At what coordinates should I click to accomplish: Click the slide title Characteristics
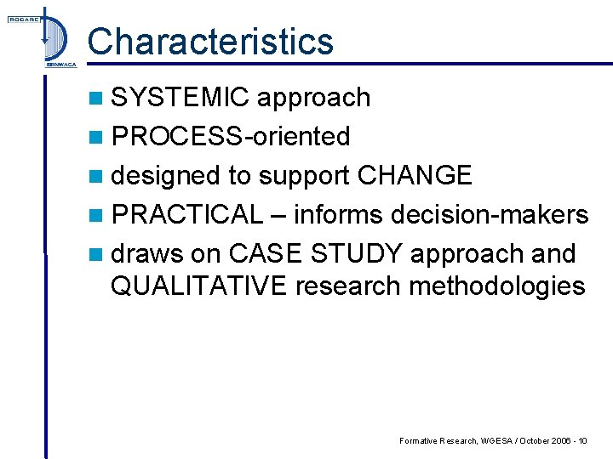click(210, 42)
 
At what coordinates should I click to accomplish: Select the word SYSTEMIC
click(180, 98)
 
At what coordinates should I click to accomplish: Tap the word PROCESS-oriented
click(231, 136)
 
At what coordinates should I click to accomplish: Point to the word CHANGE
click(415, 175)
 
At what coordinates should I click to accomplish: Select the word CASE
click(267, 253)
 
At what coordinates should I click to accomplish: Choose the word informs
click(339, 214)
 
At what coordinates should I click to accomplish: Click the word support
click(302, 176)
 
